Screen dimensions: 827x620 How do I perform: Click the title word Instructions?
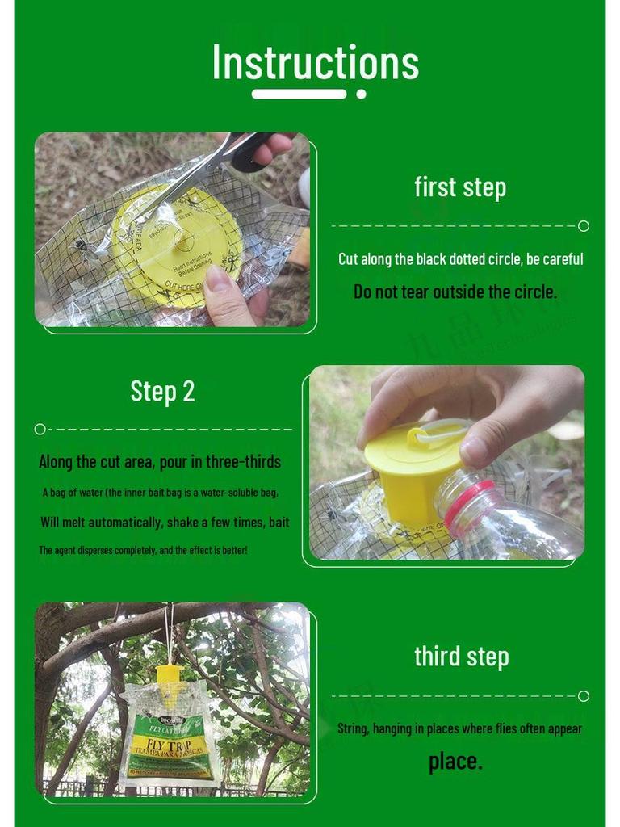pyautogui.click(x=315, y=62)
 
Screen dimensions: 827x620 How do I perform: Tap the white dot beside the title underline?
pyautogui.click(x=361, y=94)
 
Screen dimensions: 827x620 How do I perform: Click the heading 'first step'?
pyautogui.click(x=460, y=187)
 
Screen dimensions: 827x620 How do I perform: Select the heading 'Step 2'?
pyautogui.click(x=162, y=391)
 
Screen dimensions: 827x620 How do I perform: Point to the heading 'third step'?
pyautogui.click(x=461, y=657)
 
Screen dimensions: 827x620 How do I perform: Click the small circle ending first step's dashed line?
pyautogui.click(x=584, y=226)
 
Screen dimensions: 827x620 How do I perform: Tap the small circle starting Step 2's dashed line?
pyautogui.click(x=40, y=429)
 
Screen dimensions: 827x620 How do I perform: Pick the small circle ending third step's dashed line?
pyautogui.click(x=584, y=696)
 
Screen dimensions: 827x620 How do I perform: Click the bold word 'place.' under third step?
pyautogui.click(x=455, y=761)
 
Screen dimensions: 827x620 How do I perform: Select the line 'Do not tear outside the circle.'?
pyautogui.click(x=455, y=292)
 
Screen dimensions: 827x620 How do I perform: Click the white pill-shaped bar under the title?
pyautogui.click(x=299, y=94)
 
